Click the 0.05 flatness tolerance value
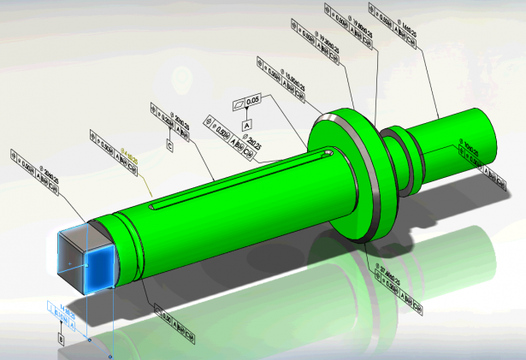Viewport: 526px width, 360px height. click(252, 102)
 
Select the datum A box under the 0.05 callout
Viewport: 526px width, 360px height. click(247, 126)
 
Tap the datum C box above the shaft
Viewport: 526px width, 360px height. click(170, 146)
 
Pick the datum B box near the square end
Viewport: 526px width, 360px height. click(61, 339)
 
